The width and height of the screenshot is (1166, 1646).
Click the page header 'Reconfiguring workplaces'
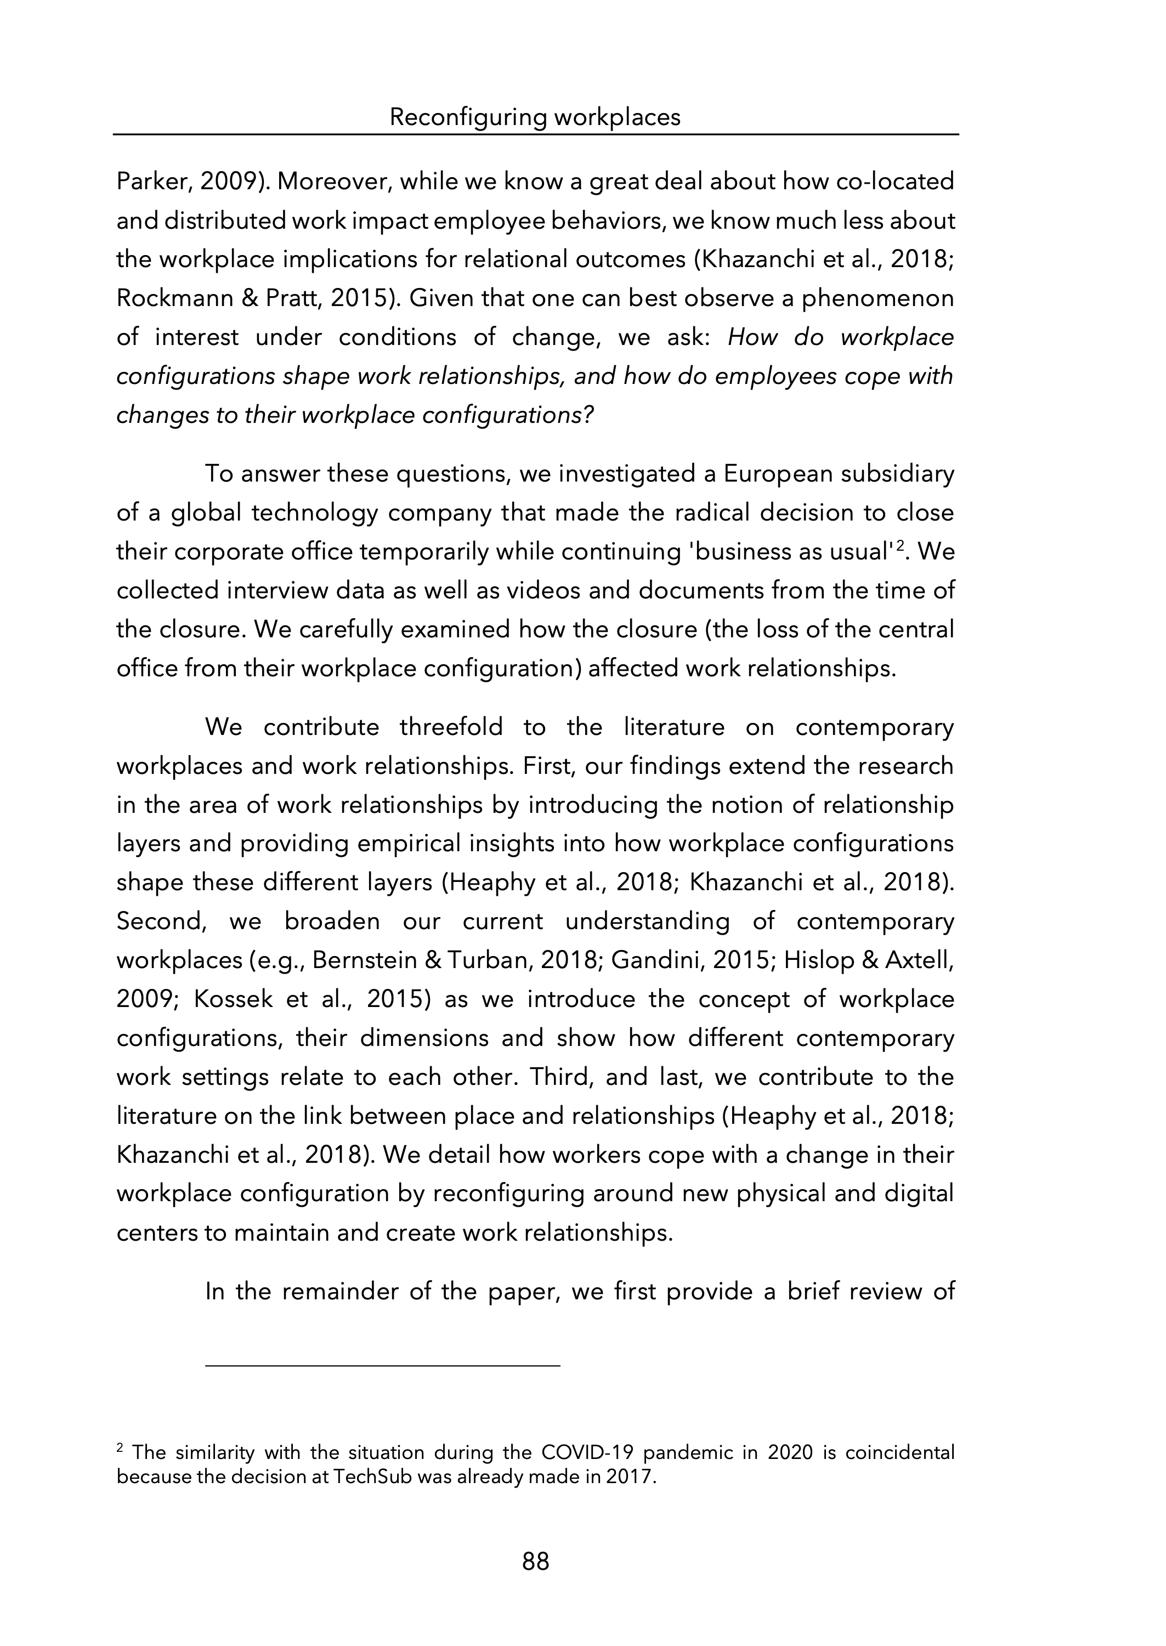[x=535, y=117]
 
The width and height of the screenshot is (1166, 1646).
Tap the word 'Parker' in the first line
[x=152, y=182]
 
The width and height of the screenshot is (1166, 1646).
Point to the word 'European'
[x=776, y=474]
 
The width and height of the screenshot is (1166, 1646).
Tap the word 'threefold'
[x=451, y=727]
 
